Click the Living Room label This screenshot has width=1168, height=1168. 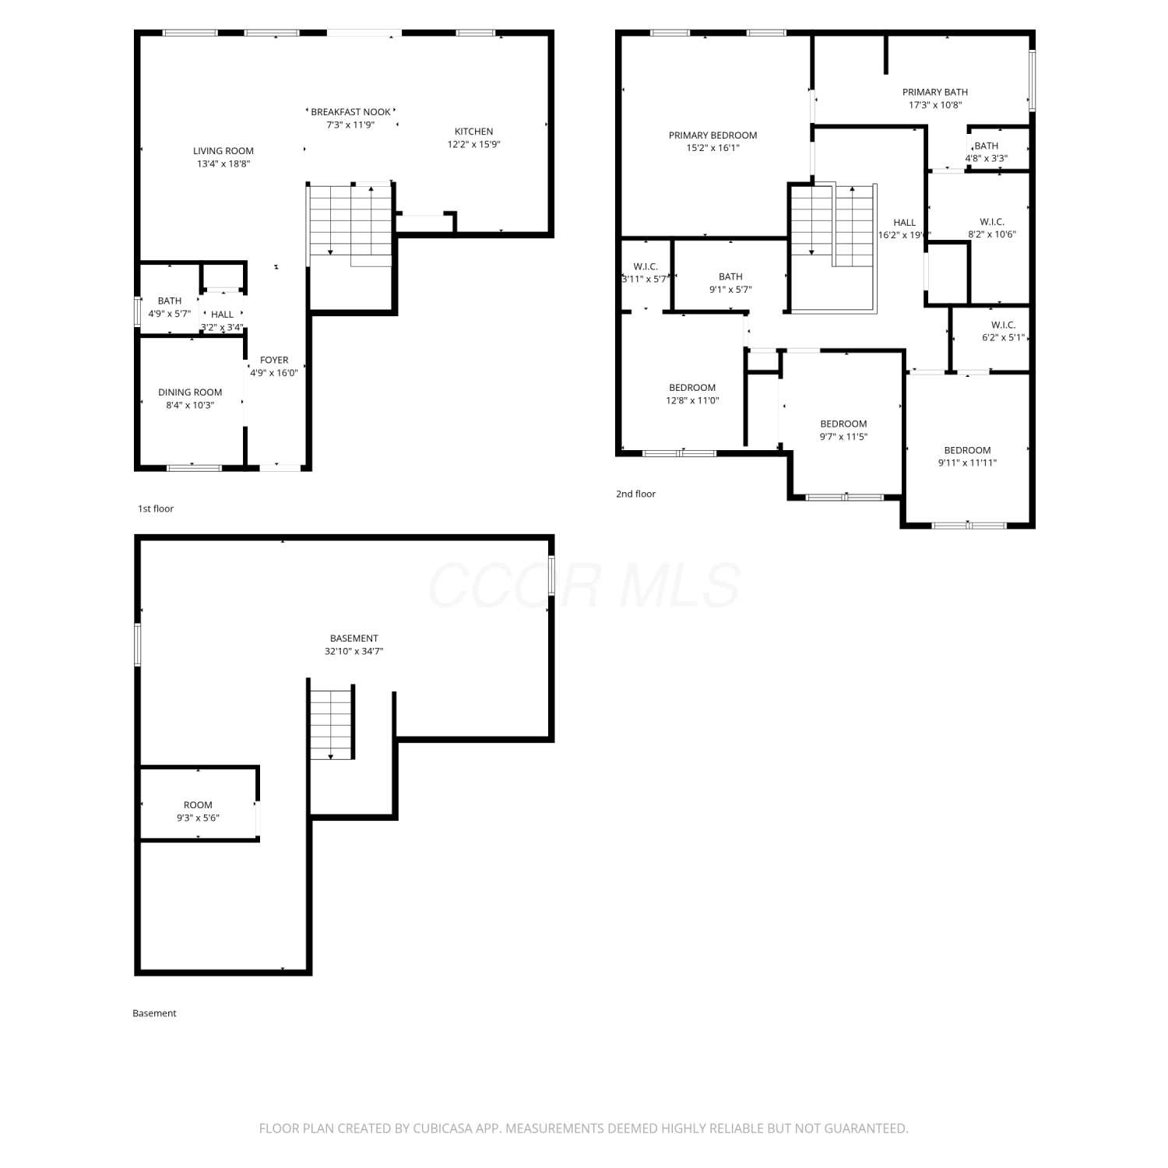click(x=223, y=151)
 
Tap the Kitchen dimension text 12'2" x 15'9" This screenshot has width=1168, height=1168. click(x=473, y=144)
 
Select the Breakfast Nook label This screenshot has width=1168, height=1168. click(x=351, y=112)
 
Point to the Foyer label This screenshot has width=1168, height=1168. click(x=274, y=360)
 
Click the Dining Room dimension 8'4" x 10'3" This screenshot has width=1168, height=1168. click(x=190, y=405)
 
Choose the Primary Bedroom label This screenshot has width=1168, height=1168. click(x=713, y=135)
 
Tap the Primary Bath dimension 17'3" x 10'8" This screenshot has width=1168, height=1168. click(x=935, y=105)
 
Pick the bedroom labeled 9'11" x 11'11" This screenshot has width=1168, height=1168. click(x=968, y=450)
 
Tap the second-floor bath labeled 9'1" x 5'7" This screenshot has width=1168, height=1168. click(x=730, y=276)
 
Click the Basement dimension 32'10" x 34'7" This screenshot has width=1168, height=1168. click(x=354, y=651)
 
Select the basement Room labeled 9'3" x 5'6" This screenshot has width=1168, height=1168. click(x=198, y=805)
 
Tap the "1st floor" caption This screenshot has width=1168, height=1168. click(x=156, y=508)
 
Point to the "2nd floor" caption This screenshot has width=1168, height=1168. click(x=636, y=494)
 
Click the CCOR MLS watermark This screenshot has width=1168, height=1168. click(x=584, y=586)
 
